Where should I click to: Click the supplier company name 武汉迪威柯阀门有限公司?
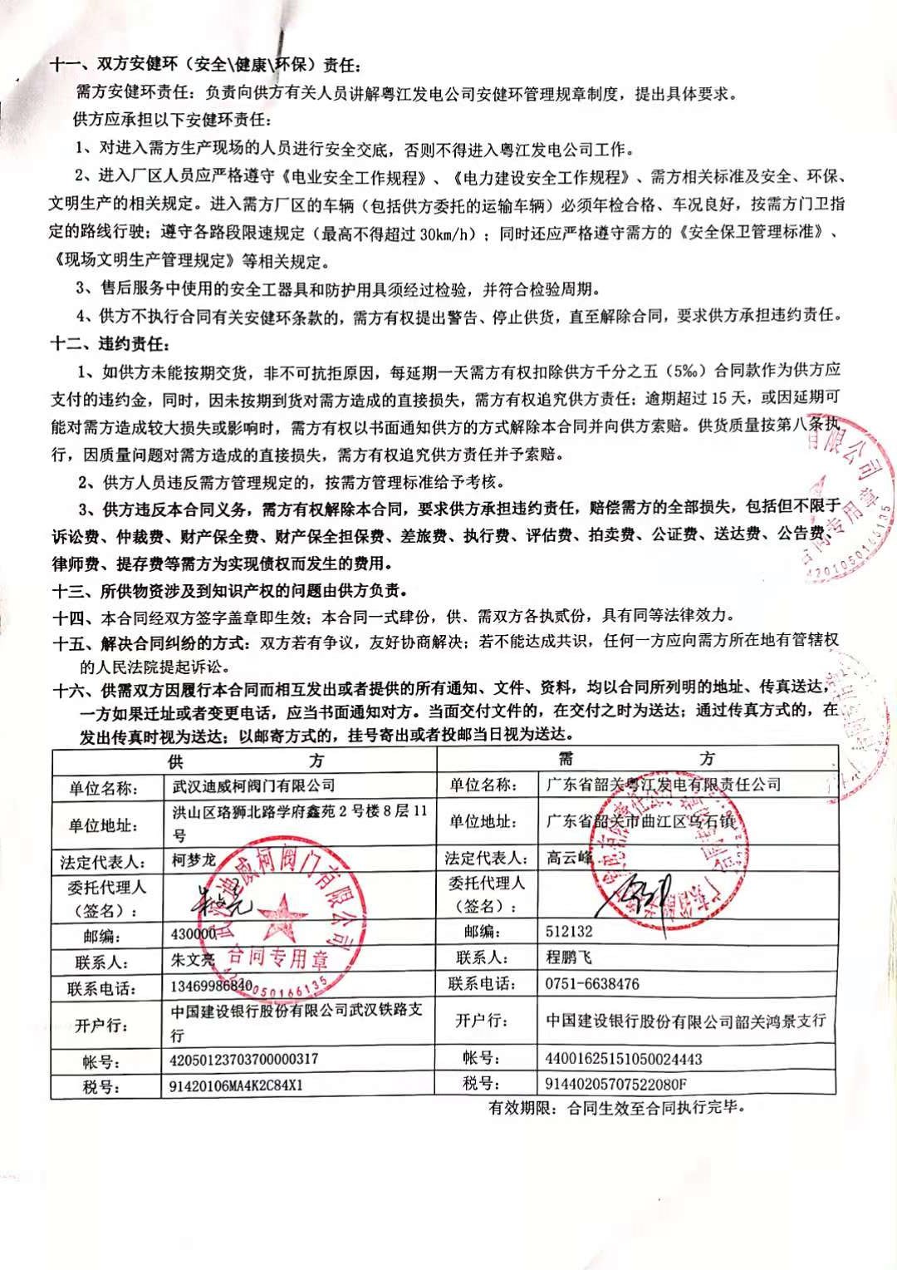click(253, 785)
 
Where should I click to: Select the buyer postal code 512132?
click(569, 932)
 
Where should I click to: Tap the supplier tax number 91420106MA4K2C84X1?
click(237, 1085)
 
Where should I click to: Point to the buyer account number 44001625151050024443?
click(624, 1059)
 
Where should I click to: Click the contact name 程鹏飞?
click(569, 957)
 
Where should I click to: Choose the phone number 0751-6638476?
click(592, 984)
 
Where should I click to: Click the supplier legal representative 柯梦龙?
click(194, 860)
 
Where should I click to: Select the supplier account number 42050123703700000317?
click(243, 1060)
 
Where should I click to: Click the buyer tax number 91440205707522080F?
click(615, 1084)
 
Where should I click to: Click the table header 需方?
click(635, 758)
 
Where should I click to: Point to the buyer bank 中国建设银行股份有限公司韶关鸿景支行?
click(686, 1021)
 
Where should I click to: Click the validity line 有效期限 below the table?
click(617, 1109)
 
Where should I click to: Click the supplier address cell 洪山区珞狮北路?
click(299, 821)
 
